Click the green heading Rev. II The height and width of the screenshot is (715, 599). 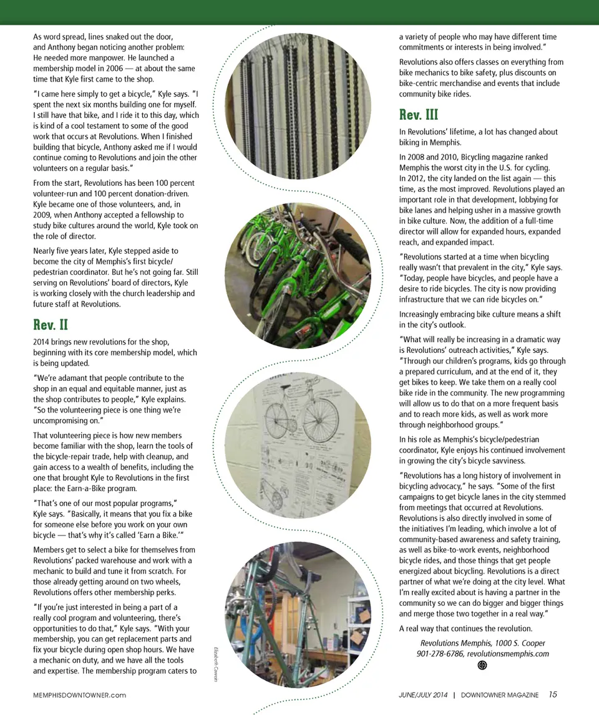[x=51, y=325]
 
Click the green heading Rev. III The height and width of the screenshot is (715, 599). [x=419, y=115]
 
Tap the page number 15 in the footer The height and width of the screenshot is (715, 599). [x=553, y=694]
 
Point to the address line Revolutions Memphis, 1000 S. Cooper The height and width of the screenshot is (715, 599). [x=482, y=643]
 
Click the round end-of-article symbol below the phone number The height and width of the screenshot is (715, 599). [x=482, y=665]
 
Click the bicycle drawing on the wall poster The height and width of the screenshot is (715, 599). [x=293, y=410]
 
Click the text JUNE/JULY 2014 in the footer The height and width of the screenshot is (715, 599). [x=423, y=695]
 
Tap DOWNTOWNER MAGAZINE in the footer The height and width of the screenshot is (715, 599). [x=500, y=695]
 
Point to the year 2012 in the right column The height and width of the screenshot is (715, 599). [x=411, y=178]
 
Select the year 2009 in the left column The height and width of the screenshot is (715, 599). [x=43, y=215]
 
